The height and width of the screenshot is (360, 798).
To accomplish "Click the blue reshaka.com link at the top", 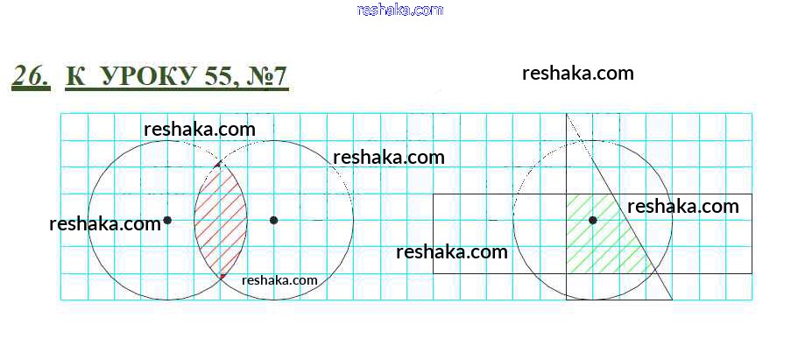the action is pyautogui.click(x=400, y=10).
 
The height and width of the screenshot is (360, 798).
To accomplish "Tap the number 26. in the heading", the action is pyautogui.click(x=31, y=76).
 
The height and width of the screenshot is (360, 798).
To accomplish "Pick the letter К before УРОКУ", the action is pyautogui.click(x=76, y=76).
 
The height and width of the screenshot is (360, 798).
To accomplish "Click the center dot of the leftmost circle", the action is pyautogui.click(x=167, y=220).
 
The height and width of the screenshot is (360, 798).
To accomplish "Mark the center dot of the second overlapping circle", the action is pyautogui.click(x=273, y=220).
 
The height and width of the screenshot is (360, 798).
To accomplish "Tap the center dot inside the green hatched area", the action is pyautogui.click(x=592, y=220).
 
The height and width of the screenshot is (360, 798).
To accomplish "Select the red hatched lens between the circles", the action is pyautogui.click(x=221, y=220).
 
